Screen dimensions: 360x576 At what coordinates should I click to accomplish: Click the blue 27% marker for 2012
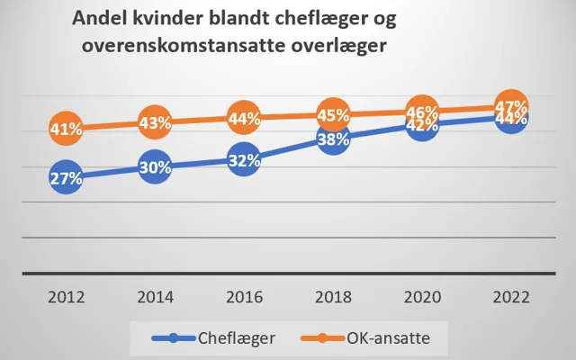tap(67, 177)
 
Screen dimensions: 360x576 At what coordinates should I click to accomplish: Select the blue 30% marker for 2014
tap(156, 166)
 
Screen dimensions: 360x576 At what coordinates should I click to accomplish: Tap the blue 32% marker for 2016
tap(244, 160)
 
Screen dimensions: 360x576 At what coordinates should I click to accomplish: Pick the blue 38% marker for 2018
tap(332, 139)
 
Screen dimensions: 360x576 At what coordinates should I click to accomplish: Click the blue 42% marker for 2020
tap(421, 125)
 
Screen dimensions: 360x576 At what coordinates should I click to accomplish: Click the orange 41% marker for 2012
tap(67, 129)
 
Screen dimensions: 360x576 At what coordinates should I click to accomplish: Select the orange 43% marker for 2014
tap(156, 121)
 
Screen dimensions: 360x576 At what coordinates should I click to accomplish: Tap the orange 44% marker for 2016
tap(244, 118)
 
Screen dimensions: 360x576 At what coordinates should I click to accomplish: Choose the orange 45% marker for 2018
tap(332, 114)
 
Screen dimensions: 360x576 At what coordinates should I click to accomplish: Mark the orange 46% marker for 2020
tap(421, 112)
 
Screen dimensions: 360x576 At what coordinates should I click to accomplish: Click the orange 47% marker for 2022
tap(510, 107)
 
